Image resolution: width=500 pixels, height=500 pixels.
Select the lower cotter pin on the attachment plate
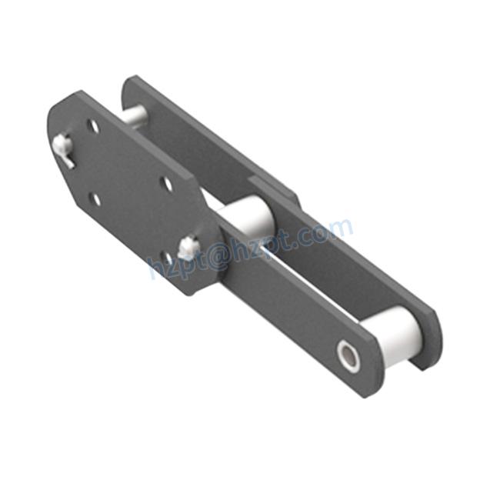[188, 246]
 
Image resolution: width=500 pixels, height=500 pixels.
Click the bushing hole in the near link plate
[349, 355]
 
